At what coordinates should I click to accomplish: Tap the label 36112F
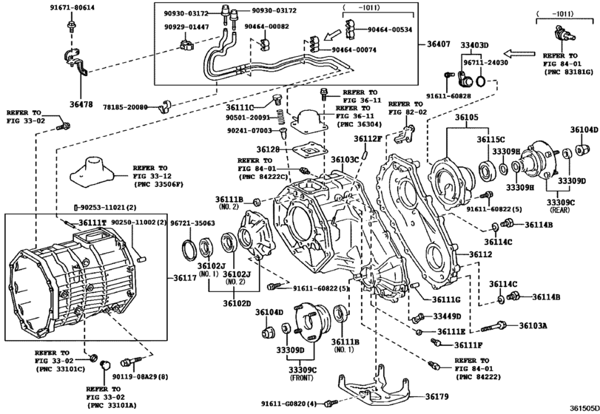(368, 138)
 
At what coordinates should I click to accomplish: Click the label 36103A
(533, 325)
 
